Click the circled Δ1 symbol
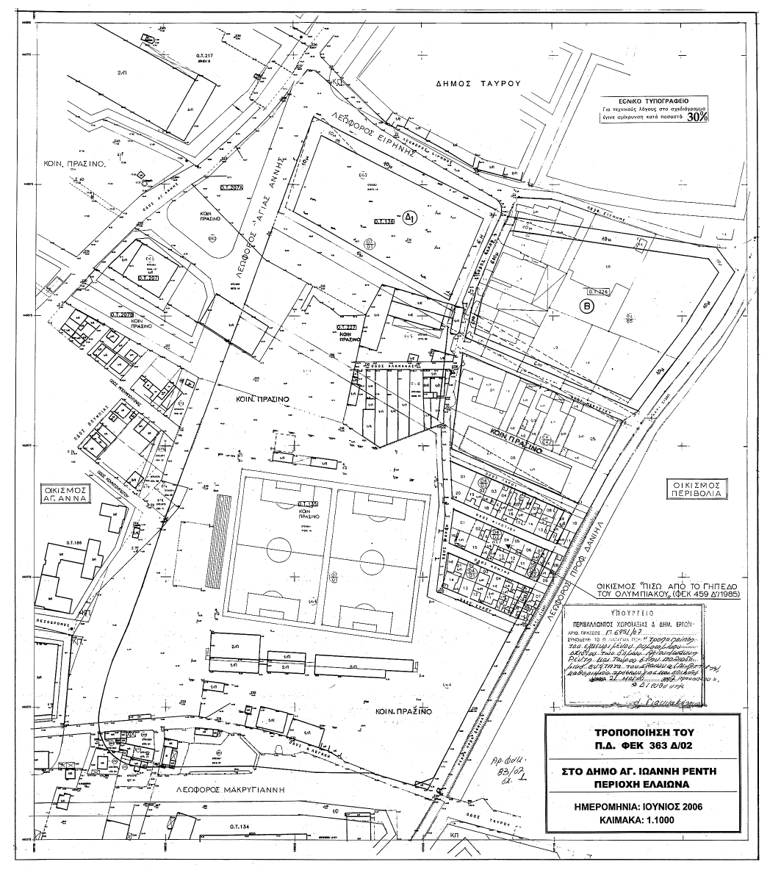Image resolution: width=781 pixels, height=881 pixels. click(x=412, y=218)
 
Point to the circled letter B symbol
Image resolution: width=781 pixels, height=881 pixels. click(x=586, y=309)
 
